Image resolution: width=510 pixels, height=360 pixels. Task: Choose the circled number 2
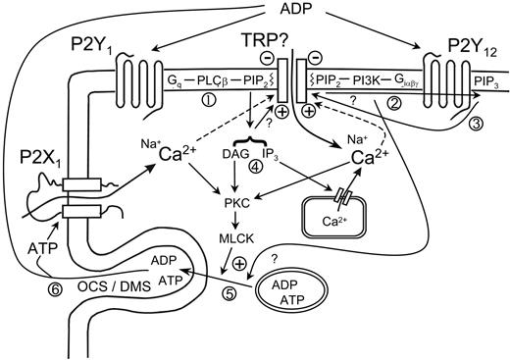point(395,101)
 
